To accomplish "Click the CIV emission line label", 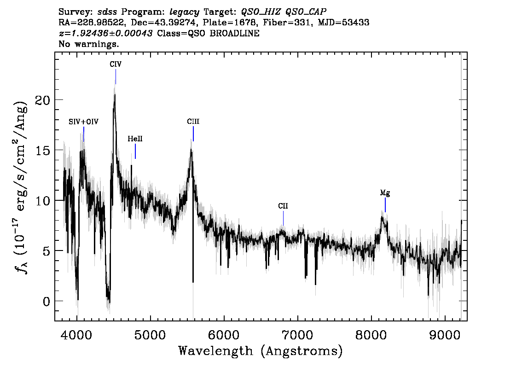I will (116, 64).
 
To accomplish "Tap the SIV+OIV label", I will (83, 122).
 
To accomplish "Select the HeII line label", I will (135, 139).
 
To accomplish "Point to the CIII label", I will (193, 122).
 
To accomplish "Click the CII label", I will (283, 206).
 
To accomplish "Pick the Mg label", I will (385, 193).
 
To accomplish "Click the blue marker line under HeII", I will (135, 152).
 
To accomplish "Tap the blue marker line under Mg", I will (385, 205).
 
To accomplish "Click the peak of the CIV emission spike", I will (115, 95).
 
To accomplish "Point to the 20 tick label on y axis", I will (42, 100).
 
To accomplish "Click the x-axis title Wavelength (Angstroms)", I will (261, 351).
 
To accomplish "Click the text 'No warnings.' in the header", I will (89, 44).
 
